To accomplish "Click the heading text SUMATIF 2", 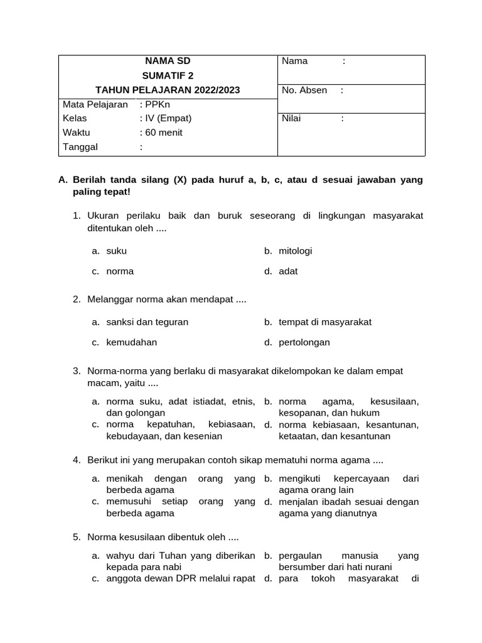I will pyautogui.click(x=167, y=76).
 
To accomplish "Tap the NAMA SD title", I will pyautogui.click(x=167, y=61).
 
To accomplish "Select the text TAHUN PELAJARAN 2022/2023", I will pyautogui.click(x=167, y=90).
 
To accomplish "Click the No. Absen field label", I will pyautogui.click(x=304, y=90).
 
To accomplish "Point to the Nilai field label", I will pyautogui.click(x=292, y=118).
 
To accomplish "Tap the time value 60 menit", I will pyautogui.click(x=163, y=132).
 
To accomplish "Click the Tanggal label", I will pyautogui.click(x=80, y=147).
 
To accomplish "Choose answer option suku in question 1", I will pyautogui.click(x=117, y=251).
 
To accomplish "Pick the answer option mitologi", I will pyautogui.click(x=295, y=251).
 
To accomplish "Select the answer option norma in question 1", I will pyautogui.click(x=120, y=271).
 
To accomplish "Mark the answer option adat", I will pyautogui.click(x=288, y=271).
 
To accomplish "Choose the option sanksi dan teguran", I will pyautogui.click(x=147, y=322).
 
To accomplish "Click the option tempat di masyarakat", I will pyautogui.click(x=325, y=322).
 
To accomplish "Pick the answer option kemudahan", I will pyautogui.click(x=132, y=342).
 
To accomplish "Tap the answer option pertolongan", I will pyautogui.click(x=304, y=342).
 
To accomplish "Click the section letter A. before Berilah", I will pyautogui.click(x=63, y=180).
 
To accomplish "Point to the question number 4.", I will pyautogui.click(x=76, y=460).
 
